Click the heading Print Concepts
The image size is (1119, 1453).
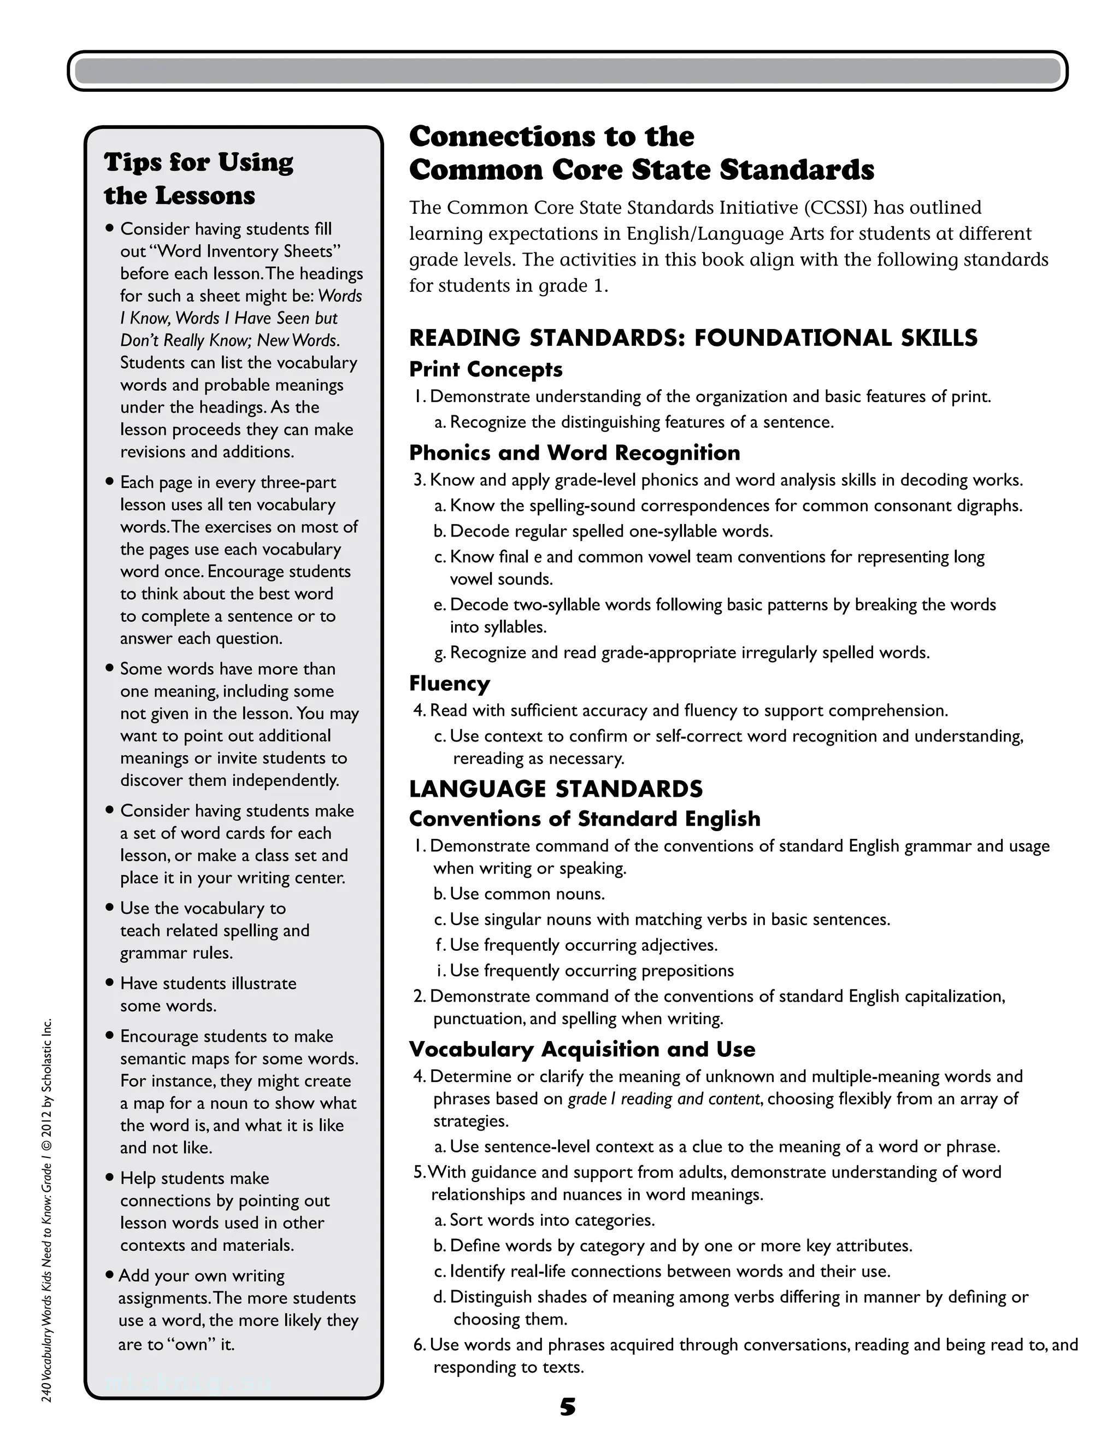(x=486, y=369)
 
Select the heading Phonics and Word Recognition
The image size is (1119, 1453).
(x=574, y=453)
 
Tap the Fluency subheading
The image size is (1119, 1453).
(x=449, y=683)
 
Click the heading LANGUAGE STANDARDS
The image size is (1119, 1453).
(x=556, y=789)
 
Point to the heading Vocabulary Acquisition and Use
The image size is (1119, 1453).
(x=582, y=1049)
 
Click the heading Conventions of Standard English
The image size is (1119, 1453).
(x=584, y=819)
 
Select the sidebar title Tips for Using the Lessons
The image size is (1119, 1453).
(x=198, y=178)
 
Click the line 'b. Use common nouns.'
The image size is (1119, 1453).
(x=519, y=893)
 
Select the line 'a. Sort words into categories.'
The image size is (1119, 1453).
(x=544, y=1220)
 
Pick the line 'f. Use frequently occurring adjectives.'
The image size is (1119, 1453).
(x=576, y=945)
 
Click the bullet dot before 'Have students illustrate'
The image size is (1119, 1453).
(x=110, y=983)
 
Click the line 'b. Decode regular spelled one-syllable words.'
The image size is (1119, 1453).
(x=603, y=531)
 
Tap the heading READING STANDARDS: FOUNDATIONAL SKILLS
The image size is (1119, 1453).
(x=693, y=338)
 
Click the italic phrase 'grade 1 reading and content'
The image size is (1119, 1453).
(x=663, y=1098)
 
